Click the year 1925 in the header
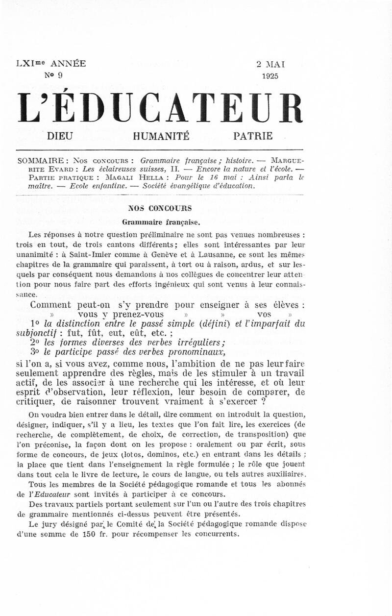pyautogui.click(x=270, y=75)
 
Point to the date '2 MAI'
pyautogui.click(x=270, y=64)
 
